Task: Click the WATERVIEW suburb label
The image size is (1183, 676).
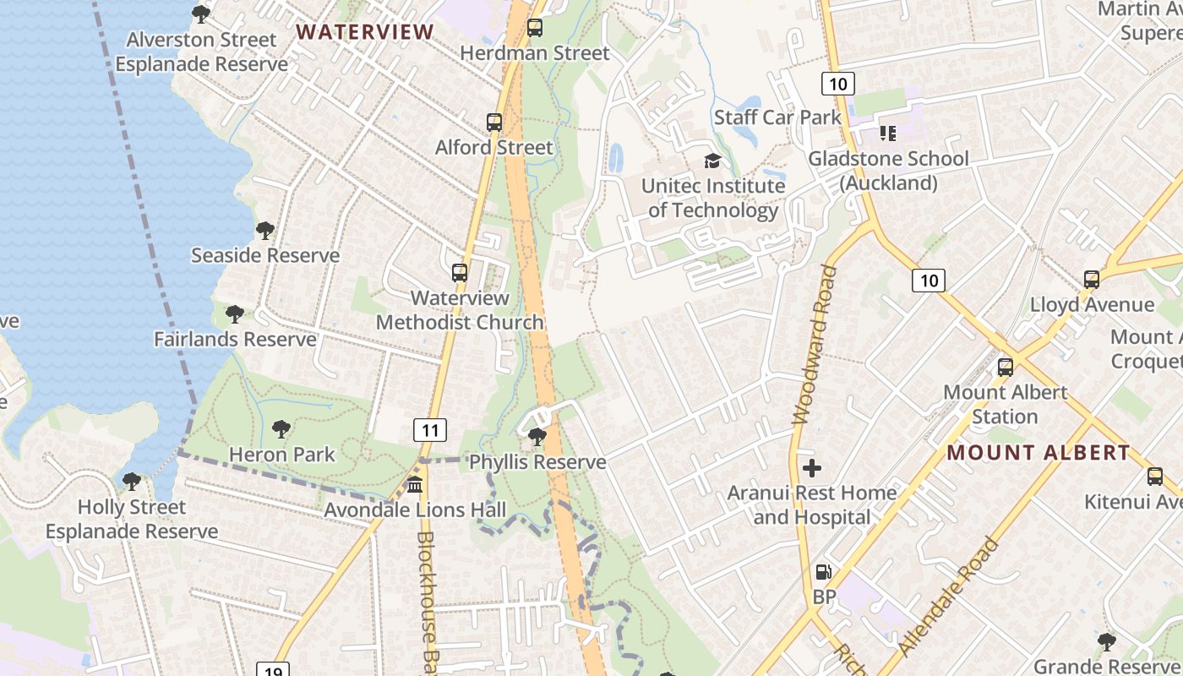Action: (364, 32)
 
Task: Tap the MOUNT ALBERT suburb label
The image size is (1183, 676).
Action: (1038, 453)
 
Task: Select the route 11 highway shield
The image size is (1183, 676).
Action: (430, 430)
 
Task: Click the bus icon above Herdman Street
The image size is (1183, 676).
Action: (535, 28)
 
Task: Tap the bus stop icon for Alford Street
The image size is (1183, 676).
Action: (494, 123)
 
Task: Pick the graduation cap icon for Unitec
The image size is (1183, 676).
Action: (713, 161)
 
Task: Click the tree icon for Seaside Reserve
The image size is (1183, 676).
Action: (265, 230)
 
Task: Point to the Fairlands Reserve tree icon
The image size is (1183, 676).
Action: (235, 314)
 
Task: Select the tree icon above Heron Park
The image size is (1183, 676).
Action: (281, 429)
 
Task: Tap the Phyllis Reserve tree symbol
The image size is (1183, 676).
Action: (537, 437)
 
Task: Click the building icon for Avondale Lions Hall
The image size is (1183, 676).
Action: (415, 485)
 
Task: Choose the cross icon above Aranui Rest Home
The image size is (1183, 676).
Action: (812, 467)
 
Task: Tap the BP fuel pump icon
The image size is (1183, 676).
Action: (823, 572)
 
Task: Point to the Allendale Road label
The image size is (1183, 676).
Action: (950, 597)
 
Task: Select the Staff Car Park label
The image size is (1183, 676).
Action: (777, 117)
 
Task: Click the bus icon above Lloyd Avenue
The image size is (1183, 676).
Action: (1092, 280)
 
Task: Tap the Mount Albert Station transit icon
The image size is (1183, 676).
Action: (1006, 368)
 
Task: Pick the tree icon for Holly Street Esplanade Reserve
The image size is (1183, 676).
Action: (131, 482)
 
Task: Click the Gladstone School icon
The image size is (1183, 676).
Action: (887, 134)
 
